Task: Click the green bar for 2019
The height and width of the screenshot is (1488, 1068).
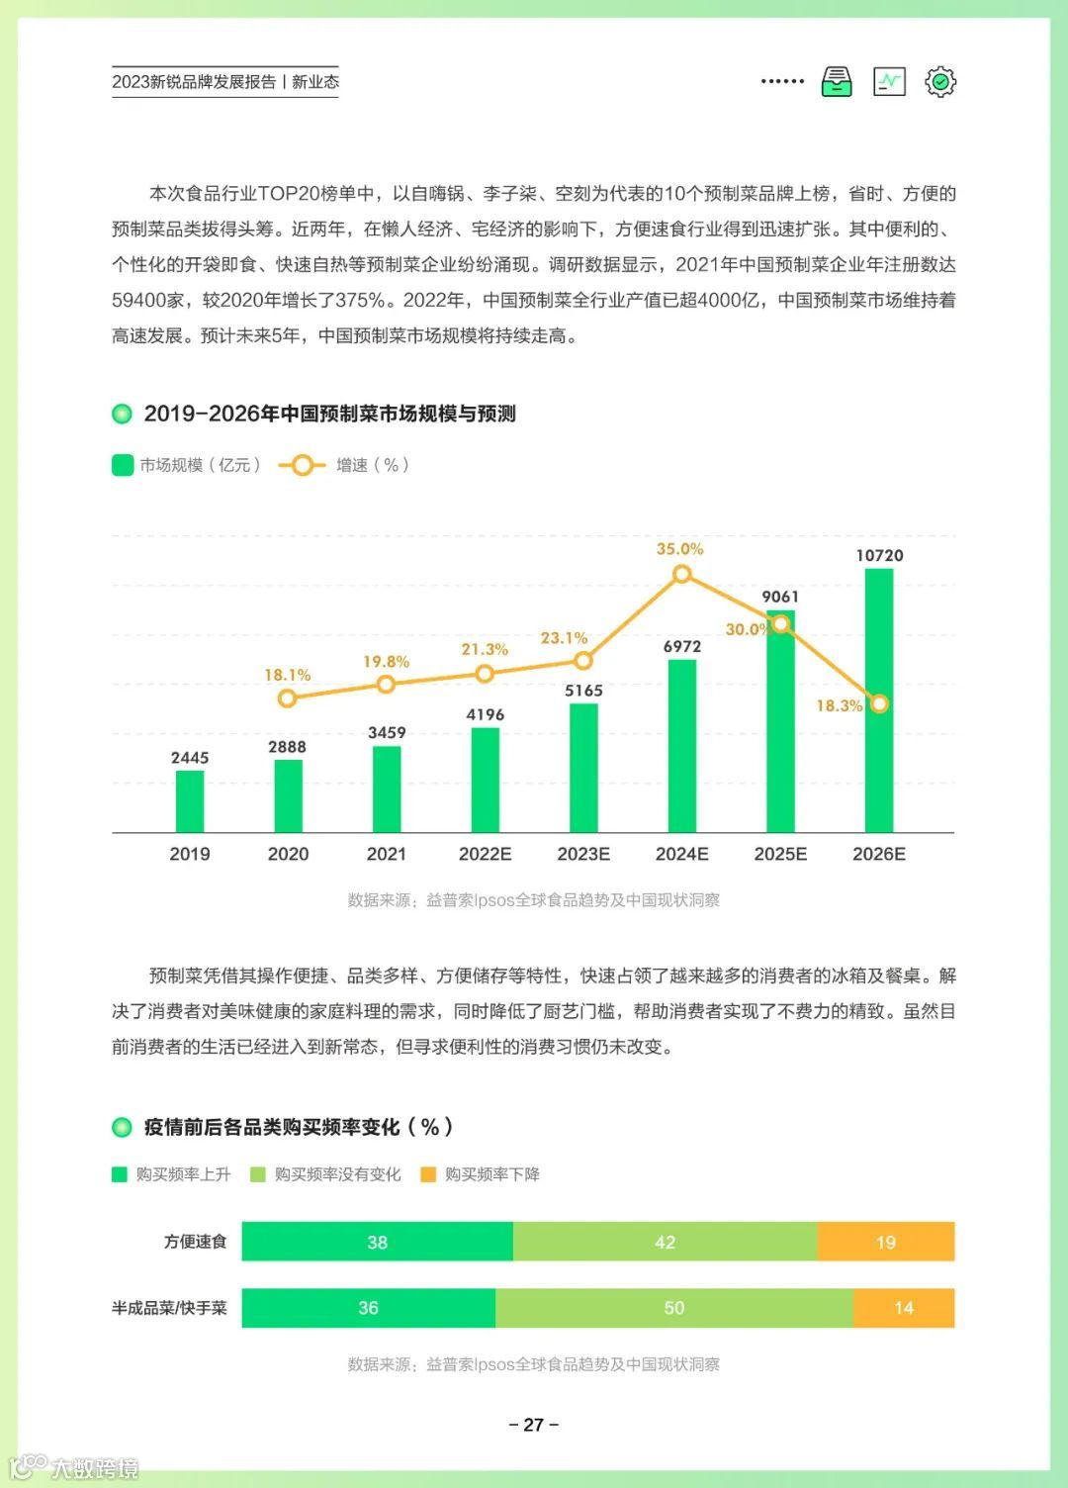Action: [x=190, y=801]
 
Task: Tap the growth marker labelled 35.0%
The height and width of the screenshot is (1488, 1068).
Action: [x=681, y=574]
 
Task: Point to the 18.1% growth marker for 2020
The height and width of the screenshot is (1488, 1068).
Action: [x=287, y=698]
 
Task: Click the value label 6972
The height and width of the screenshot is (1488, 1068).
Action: [x=682, y=646]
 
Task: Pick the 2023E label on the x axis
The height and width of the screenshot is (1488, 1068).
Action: [x=583, y=854]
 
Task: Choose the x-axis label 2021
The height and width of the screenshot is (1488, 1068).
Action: [x=387, y=854]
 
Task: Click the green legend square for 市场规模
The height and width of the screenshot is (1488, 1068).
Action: [x=123, y=465]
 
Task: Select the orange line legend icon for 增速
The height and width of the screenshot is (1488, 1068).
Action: [x=302, y=465]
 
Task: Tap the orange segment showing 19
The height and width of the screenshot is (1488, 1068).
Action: [x=885, y=1242]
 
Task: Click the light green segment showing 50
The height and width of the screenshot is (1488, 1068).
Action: [x=673, y=1308]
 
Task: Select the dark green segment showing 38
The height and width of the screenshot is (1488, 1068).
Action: [x=377, y=1242]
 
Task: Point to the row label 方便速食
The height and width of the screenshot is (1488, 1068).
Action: [x=195, y=1242]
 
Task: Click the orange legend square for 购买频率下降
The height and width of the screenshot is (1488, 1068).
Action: [x=428, y=1174]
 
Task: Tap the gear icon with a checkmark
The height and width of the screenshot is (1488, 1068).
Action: [x=940, y=81]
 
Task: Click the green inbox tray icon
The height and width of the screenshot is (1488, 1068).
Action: [x=837, y=81]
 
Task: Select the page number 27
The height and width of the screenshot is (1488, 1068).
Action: [x=534, y=1425]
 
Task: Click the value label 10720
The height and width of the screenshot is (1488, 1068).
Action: [x=879, y=556]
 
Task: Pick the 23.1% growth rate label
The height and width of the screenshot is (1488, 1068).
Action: [x=564, y=638]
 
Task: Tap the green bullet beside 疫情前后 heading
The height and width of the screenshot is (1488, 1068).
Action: [x=123, y=1127]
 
